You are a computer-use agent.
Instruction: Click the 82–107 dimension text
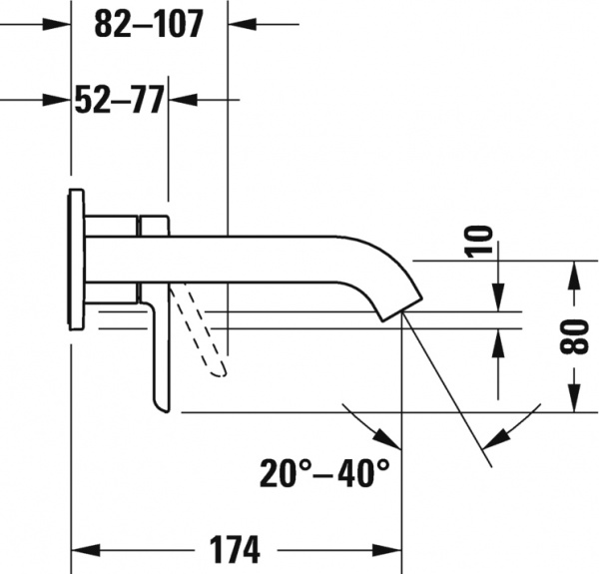click(x=149, y=25)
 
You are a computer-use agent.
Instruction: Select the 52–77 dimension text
click(x=120, y=100)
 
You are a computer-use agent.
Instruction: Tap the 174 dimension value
click(x=236, y=548)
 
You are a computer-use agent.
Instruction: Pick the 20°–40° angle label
click(x=326, y=472)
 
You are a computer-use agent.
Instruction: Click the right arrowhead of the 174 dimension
click(x=390, y=549)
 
